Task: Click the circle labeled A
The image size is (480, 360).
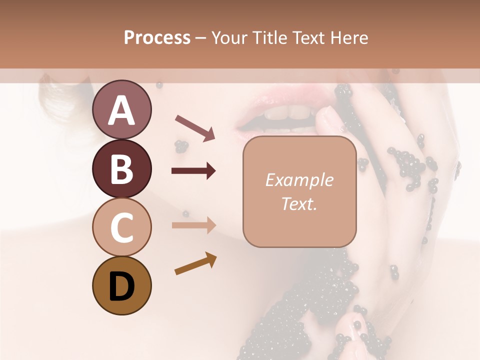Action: (x=121, y=109)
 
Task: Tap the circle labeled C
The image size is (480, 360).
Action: (x=121, y=226)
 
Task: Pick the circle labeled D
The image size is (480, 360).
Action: (x=121, y=285)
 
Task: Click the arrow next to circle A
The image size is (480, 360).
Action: (x=195, y=127)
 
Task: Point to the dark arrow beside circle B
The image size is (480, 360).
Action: (x=193, y=171)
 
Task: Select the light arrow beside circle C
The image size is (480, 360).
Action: (x=193, y=225)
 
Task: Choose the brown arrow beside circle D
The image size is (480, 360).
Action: (x=195, y=263)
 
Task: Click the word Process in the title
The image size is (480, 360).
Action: (x=157, y=37)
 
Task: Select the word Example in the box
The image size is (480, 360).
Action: (x=299, y=180)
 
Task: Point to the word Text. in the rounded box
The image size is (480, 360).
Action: (x=299, y=203)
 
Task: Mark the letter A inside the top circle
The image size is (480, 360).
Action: (x=121, y=110)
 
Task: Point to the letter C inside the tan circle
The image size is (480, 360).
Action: (x=121, y=227)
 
